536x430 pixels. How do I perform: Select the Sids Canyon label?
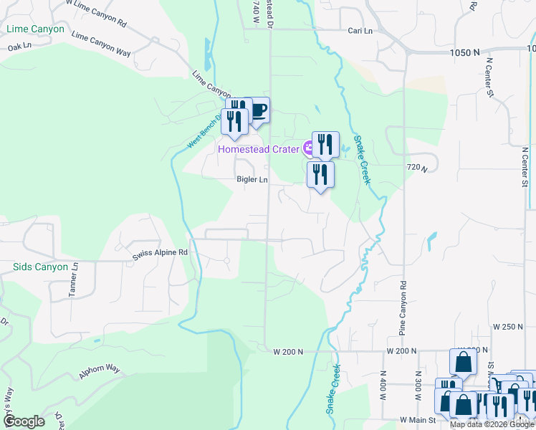(40, 267)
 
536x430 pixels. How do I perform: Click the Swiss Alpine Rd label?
(160, 253)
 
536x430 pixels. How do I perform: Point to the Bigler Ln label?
(252, 181)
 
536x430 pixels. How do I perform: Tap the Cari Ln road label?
(360, 31)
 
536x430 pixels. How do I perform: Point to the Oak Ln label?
(20, 47)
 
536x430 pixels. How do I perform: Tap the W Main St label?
(417, 420)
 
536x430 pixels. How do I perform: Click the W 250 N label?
(509, 327)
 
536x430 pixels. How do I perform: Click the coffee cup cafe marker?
(257, 111)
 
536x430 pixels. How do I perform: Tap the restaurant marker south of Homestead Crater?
(320, 175)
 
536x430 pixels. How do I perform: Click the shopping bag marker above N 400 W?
(463, 363)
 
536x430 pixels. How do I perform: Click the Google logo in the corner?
(24, 421)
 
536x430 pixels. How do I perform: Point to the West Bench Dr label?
(202, 131)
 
